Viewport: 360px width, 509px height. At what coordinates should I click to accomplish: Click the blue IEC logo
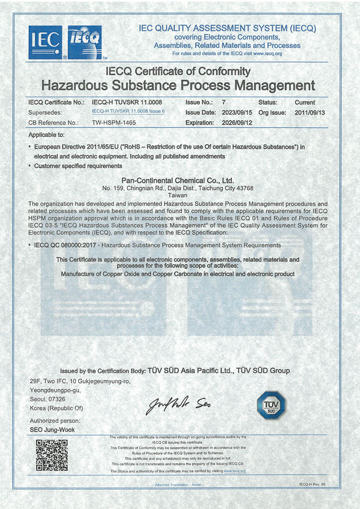pos(45,42)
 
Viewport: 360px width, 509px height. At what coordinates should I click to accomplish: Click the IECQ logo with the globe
pos(84,42)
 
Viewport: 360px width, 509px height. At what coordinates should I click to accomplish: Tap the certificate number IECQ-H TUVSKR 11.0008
pos(127,102)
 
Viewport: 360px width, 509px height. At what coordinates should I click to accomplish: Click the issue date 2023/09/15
pos(238,112)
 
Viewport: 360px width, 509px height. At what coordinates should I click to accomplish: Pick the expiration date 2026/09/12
pos(238,122)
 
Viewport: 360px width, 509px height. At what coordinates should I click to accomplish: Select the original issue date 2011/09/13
pos(310,112)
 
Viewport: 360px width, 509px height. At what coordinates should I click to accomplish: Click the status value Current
pos(305,102)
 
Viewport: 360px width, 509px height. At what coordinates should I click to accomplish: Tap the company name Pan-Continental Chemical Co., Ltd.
pos(178,180)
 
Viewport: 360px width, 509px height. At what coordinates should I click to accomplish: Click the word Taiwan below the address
pos(178,196)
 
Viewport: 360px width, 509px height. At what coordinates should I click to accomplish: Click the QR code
pos(51,455)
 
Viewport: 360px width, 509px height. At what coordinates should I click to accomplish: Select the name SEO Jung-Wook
pos(52,429)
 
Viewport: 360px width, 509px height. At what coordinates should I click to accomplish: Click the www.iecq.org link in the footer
pos(234,471)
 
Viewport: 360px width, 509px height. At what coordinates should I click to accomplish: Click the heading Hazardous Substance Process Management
pos(178,84)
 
